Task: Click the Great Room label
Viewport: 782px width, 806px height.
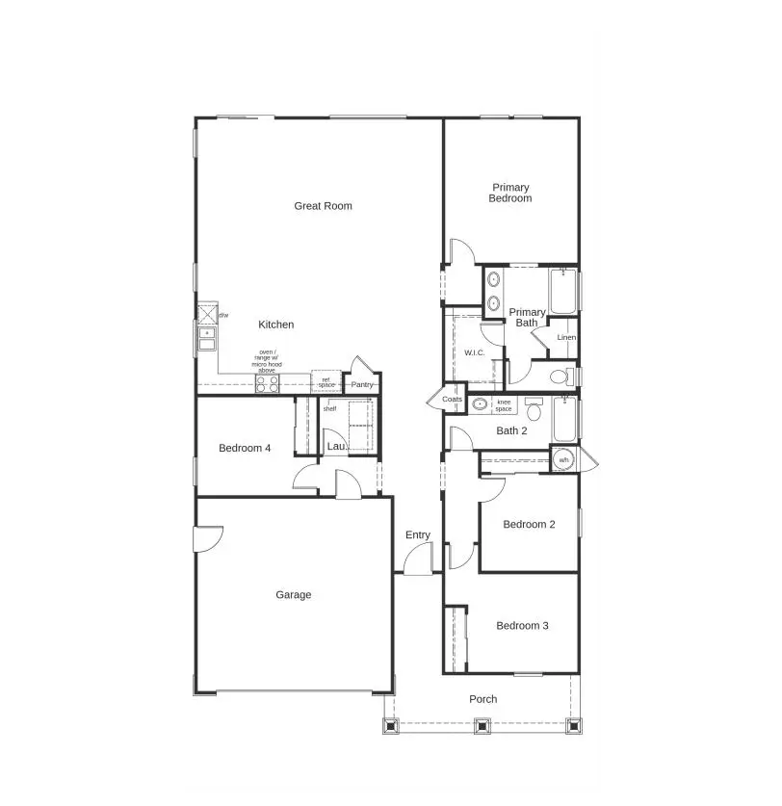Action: pos(323,205)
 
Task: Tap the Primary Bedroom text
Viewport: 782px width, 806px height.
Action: pos(510,193)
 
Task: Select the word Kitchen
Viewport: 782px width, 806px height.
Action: pos(275,325)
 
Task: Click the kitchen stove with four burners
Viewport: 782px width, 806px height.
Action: pos(267,383)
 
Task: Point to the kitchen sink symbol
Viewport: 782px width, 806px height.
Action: pos(206,338)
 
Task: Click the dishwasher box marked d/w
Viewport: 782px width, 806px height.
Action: pos(207,315)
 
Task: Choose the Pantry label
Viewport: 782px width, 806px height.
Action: pos(362,385)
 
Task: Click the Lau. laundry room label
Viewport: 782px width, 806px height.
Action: pos(335,447)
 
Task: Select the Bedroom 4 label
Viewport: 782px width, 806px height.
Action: pos(245,448)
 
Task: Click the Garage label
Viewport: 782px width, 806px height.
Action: pos(293,595)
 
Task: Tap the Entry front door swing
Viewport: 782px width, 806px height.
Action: pos(418,559)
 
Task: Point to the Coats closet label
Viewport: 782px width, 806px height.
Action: pos(453,399)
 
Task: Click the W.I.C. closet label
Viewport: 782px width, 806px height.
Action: pos(474,352)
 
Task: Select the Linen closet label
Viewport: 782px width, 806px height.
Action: pos(566,338)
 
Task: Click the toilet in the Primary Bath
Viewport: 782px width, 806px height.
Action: pos(560,376)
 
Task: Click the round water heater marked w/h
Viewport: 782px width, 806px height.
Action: pos(563,460)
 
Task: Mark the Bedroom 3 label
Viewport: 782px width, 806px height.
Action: pos(522,626)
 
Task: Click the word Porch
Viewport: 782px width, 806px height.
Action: pos(482,699)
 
